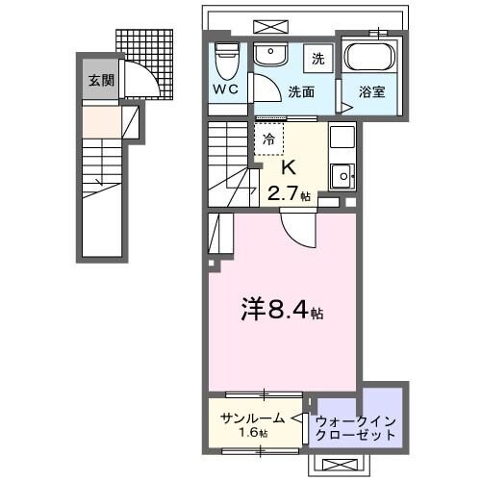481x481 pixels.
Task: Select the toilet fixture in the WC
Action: (x=226, y=62)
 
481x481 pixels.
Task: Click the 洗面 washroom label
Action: (x=301, y=92)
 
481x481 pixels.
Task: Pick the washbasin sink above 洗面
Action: (x=270, y=54)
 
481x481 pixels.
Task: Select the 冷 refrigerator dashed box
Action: (x=269, y=139)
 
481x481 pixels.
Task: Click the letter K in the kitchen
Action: (x=286, y=165)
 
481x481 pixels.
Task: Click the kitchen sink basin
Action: (x=342, y=175)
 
